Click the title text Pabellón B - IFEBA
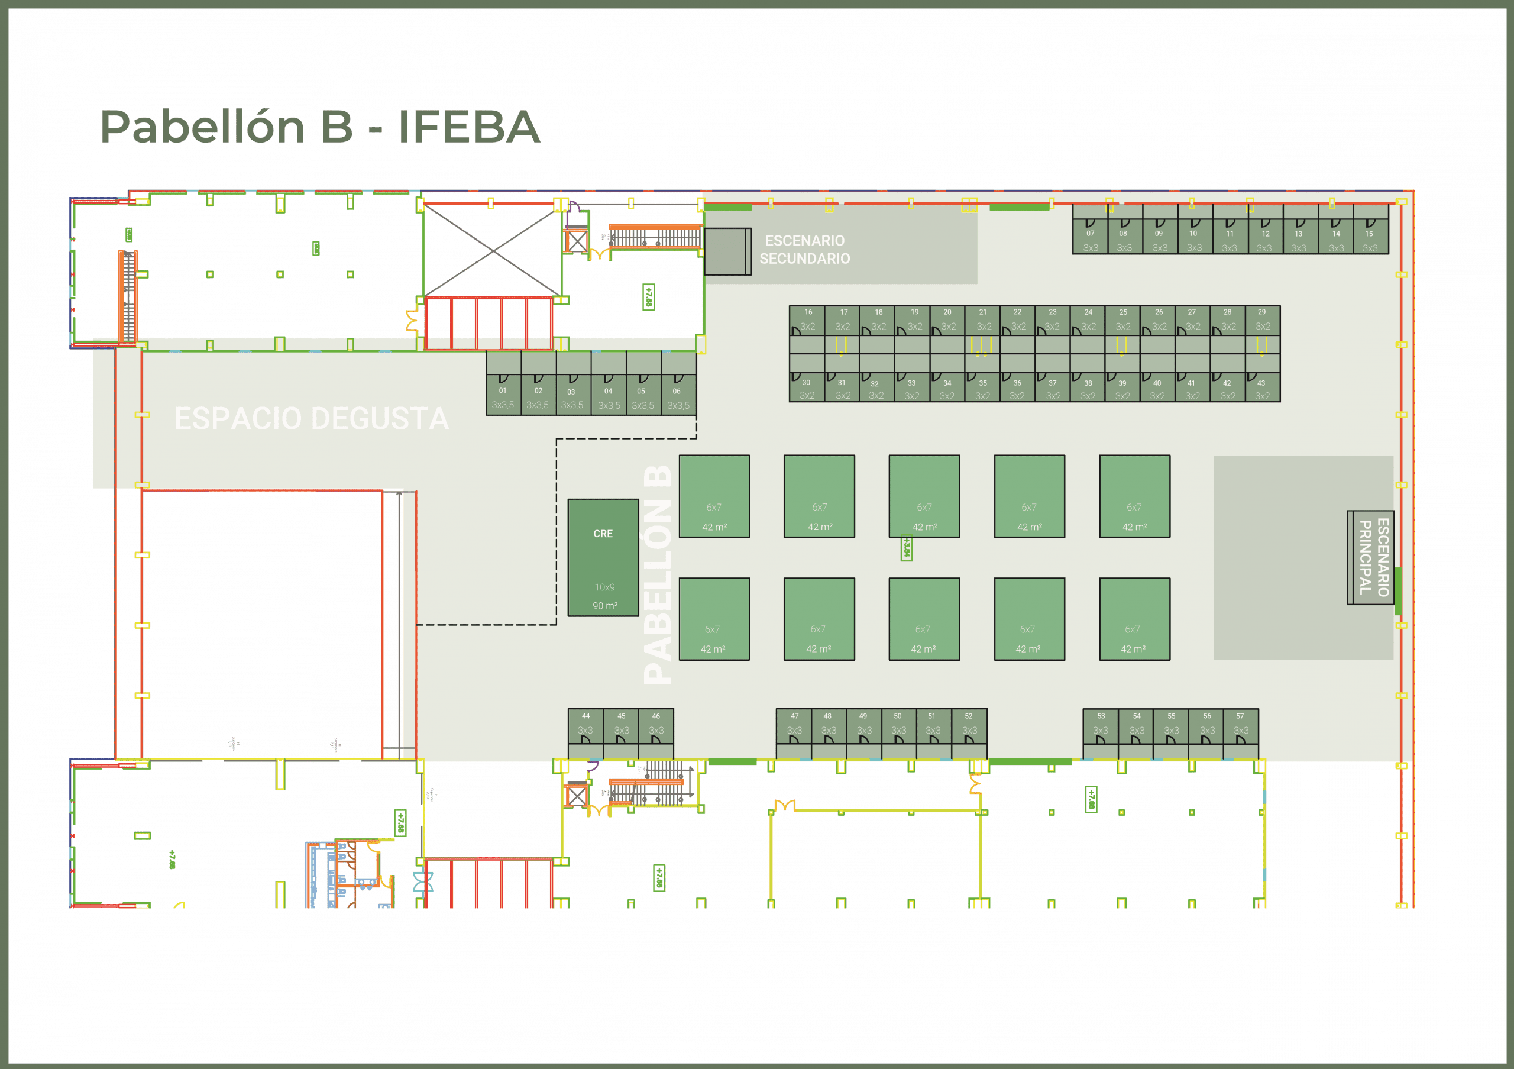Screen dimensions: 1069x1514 click(x=321, y=127)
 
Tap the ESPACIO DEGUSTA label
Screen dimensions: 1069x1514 click(x=311, y=419)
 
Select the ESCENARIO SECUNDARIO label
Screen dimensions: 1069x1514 click(x=804, y=250)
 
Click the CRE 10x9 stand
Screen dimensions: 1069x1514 click(x=603, y=558)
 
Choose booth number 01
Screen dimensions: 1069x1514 click(x=503, y=395)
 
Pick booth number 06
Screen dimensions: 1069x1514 click(x=678, y=395)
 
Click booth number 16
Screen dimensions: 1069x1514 click(x=808, y=319)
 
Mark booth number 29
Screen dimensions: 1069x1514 click(x=1262, y=319)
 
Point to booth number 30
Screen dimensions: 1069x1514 click(x=807, y=389)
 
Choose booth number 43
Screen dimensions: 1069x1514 click(x=1262, y=389)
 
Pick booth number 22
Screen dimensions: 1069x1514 click(x=1017, y=319)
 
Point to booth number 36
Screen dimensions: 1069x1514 click(x=1017, y=389)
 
